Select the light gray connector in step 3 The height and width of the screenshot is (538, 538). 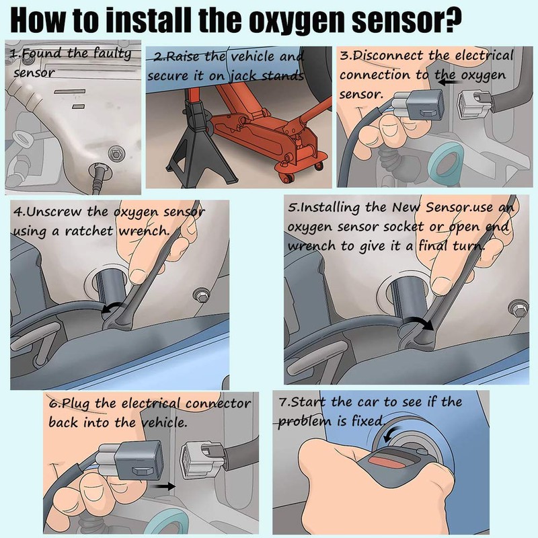pyautogui.click(x=474, y=103)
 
